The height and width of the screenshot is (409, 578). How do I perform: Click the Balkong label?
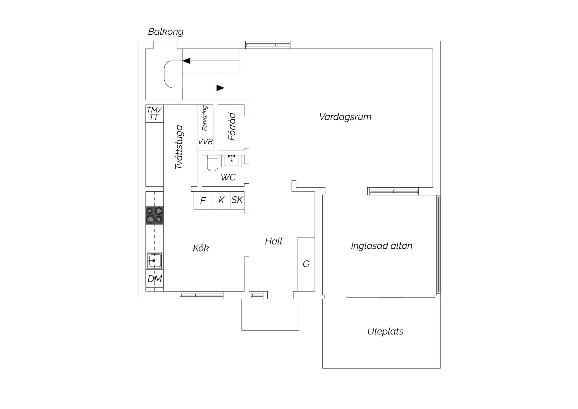coord(166,32)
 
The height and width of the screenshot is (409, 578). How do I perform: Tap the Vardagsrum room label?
coord(345,117)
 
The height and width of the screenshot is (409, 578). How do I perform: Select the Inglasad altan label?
coord(381,246)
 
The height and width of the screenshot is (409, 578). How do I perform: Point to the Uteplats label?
coord(385,332)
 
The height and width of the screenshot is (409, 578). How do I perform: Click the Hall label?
coord(274,241)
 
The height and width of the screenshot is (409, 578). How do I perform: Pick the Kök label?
coord(201,248)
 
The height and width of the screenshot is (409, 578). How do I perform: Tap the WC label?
coord(228,177)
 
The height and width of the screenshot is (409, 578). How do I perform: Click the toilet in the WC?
coord(213,164)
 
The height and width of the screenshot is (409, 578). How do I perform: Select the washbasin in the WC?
coord(232,161)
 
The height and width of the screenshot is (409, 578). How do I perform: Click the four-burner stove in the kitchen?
coord(154,215)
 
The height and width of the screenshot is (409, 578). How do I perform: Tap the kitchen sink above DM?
coord(154,261)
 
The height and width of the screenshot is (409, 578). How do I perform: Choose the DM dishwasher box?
coord(154,279)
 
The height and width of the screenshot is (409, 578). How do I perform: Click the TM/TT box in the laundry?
coord(154,113)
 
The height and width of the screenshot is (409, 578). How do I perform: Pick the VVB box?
coord(205,141)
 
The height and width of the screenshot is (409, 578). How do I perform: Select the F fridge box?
coord(203,200)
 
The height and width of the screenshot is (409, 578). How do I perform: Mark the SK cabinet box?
coord(237,200)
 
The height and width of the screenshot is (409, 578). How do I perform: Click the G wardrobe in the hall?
coord(306,264)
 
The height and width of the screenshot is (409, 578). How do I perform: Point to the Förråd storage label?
coord(232,127)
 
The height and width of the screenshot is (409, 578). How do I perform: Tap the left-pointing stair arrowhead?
coord(187,61)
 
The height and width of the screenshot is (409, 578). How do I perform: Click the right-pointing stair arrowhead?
coord(220,88)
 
